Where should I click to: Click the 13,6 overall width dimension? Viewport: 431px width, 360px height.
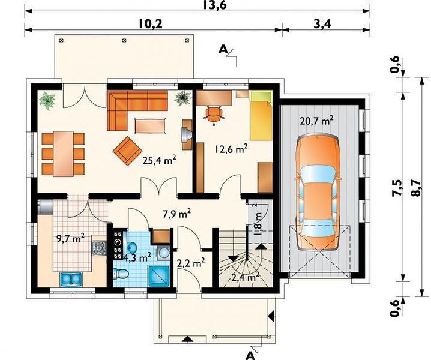click(x=215, y=5)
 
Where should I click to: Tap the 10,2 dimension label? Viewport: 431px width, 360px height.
click(x=150, y=24)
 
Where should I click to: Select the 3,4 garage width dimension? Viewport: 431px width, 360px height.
click(x=322, y=24)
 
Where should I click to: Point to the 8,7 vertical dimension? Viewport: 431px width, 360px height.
click(x=415, y=188)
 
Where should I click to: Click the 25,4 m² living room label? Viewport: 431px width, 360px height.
click(x=160, y=160)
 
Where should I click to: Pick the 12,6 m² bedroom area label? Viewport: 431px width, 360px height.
click(x=231, y=149)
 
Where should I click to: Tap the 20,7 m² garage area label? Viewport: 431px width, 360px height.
click(x=317, y=121)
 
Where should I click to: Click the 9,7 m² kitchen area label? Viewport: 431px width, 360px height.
click(x=70, y=238)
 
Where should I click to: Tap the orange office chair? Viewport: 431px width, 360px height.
click(x=213, y=115)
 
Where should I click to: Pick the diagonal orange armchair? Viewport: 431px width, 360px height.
click(x=127, y=151)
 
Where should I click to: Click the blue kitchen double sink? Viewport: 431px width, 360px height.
click(x=71, y=279)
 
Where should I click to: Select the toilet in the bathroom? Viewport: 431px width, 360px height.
click(x=121, y=274)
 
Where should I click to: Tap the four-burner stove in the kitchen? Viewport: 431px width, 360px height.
click(x=99, y=248)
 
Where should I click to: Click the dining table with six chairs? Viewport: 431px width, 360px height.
click(x=64, y=154)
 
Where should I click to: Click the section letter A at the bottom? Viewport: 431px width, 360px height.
click(x=250, y=355)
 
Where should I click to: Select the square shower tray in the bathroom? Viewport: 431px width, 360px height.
click(x=159, y=276)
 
